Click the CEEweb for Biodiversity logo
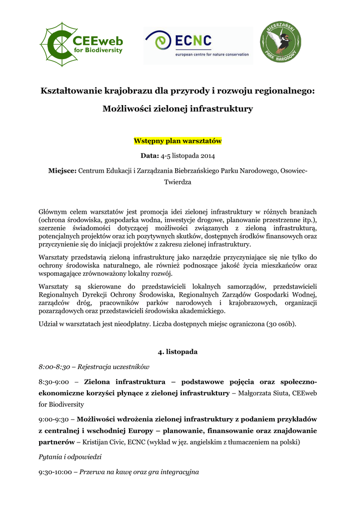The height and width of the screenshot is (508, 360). point(80,45)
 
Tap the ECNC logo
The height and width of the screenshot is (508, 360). point(198,45)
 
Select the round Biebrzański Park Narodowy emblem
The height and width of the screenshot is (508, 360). point(281,45)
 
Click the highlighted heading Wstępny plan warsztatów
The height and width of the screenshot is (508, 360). point(177,141)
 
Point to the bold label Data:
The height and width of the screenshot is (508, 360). point(149,156)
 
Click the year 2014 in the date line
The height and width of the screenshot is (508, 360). point(207,156)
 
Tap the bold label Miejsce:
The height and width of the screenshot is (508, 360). point(62,171)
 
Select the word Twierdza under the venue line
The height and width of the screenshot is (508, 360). point(177,182)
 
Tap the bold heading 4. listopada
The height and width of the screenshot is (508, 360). point(177,352)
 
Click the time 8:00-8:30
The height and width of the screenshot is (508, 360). point(53,367)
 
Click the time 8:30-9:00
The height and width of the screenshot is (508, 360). point(53,382)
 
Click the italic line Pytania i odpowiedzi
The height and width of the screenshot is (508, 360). point(70,456)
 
